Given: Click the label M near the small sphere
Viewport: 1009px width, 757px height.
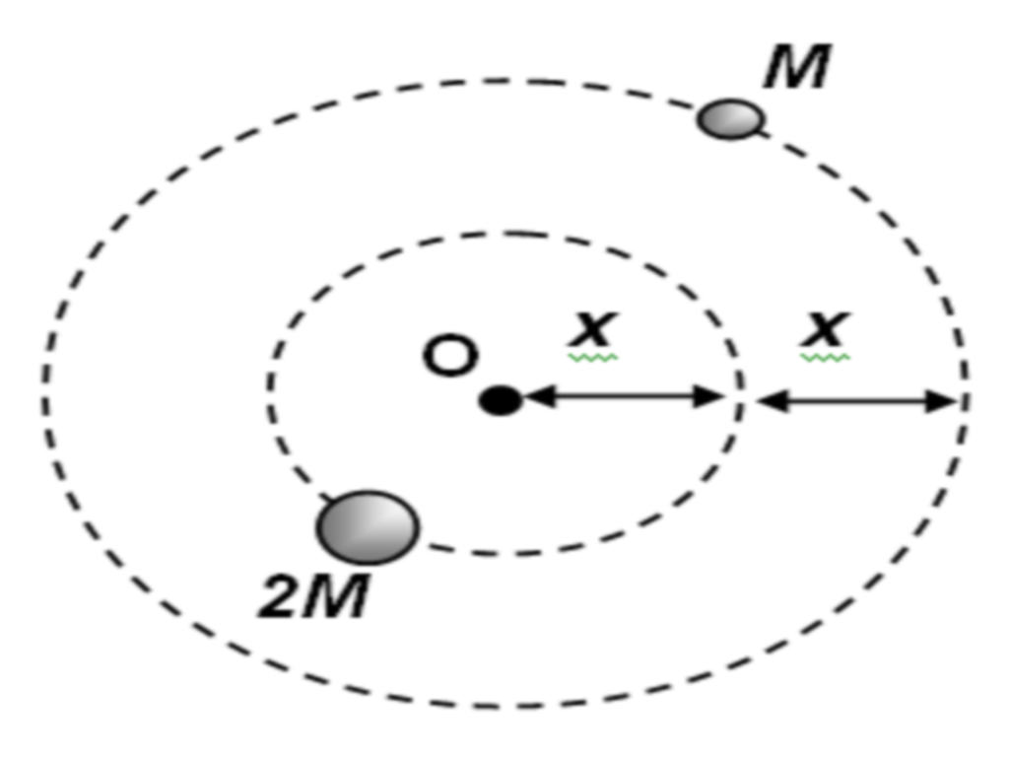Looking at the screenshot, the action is coord(797,66).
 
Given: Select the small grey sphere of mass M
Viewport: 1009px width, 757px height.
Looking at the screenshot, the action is coord(731,119).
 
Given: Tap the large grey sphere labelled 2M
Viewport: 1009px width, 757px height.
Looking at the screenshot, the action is coord(368,528).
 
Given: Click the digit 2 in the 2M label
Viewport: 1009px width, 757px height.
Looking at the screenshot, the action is coord(280,596).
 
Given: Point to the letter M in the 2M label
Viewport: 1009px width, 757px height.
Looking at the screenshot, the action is coord(337,596).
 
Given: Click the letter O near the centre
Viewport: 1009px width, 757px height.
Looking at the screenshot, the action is coord(451,355).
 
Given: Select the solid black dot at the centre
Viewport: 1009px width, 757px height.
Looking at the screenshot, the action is coord(501,400).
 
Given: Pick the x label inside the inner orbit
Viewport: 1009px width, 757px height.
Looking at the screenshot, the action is coord(592,329).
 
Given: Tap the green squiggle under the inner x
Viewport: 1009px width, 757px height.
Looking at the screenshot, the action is coord(592,357).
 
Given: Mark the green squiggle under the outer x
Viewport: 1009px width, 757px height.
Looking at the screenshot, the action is coord(825,357).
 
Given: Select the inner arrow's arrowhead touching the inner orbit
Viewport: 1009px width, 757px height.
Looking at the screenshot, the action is coord(710,396).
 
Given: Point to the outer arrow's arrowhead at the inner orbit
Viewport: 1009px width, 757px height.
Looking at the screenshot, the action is coord(773,401).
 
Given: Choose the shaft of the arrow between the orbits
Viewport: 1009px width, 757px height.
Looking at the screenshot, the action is coord(857,401).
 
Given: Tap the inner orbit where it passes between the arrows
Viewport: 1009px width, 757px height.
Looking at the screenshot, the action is coord(741,398).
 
